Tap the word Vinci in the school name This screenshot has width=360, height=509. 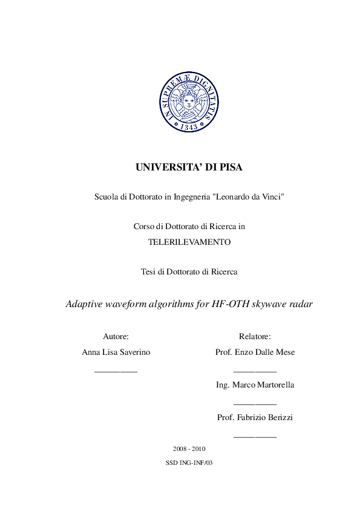[x=270, y=197]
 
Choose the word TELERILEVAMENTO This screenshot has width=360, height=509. [x=189, y=242]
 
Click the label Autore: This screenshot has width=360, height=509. [x=116, y=336]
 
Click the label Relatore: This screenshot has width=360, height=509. [x=255, y=336]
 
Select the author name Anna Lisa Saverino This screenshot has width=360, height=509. [x=116, y=352]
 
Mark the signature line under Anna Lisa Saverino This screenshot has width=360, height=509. [x=116, y=370]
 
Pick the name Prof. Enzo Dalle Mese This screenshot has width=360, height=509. [x=255, y=352]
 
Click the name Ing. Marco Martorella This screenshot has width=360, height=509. [x=255, y=384]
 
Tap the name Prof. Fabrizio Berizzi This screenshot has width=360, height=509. [x=255, y=417]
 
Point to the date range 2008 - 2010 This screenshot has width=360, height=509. [x=189, y=449]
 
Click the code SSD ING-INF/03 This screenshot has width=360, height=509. [x=189, y=463]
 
